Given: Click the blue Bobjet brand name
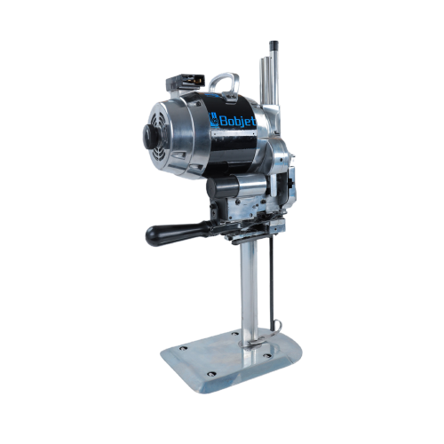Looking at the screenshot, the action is click(238, 121).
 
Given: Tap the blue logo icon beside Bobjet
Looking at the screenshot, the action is click(214, 119).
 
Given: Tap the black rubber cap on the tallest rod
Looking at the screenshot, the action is click(274, 45).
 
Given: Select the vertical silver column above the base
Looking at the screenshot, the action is click(249, 293).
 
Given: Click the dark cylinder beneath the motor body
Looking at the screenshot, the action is click(223, 186).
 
